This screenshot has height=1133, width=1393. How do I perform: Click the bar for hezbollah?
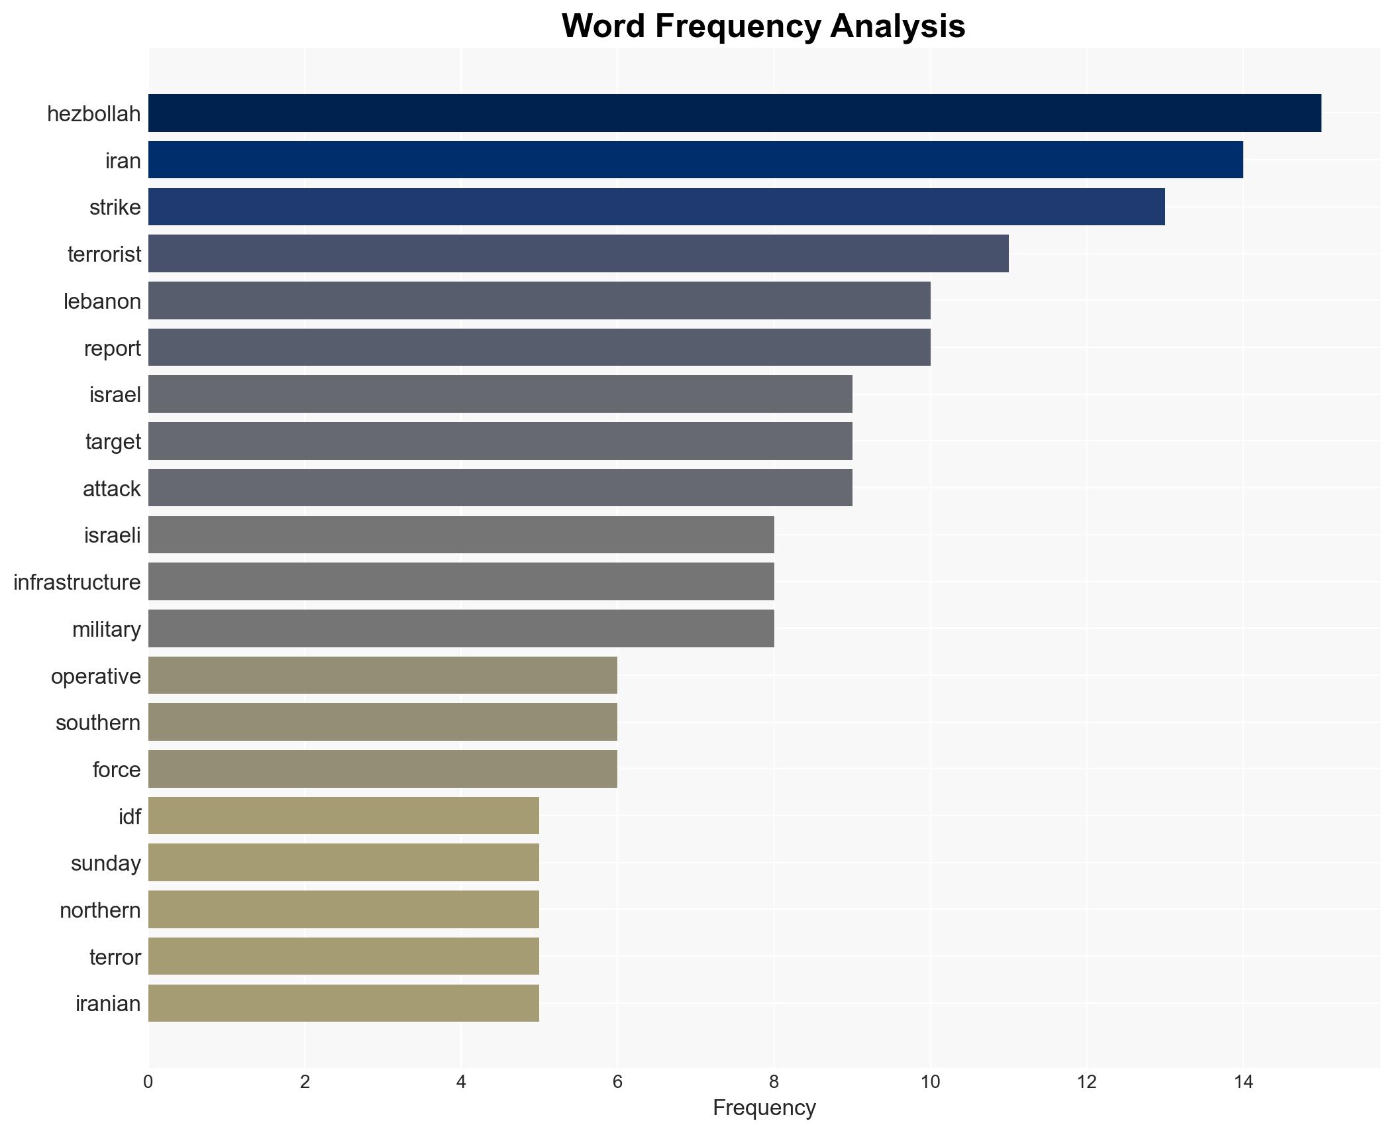click(734, 113)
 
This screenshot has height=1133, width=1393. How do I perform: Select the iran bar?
click(696, 160)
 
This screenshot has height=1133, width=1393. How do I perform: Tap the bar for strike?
click(656, 207)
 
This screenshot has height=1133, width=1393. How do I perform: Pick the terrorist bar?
click(578, 254)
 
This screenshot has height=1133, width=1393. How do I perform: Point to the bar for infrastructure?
click(461, 582)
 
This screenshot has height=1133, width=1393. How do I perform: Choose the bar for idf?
click(343, 816)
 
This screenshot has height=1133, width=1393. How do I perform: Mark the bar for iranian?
click(343, 1003)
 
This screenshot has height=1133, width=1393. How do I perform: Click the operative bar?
click(382, 676)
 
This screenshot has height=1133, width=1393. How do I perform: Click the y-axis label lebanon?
click(102, 301)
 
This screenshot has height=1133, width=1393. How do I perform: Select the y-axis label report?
click(112, 349)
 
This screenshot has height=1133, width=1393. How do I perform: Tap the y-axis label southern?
click(98, 723)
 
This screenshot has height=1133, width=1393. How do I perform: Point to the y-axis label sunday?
click(105, 863)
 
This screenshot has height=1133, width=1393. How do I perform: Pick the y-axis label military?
click(106, 629)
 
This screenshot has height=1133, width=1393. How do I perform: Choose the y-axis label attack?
click(111, 489)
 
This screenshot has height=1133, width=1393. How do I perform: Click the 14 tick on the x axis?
click(1243, 1083)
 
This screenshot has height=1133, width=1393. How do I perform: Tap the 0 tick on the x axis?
click(148, 1083)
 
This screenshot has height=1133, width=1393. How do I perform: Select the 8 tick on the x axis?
click(774, 1083)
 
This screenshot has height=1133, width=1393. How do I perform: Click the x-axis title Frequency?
click(764, 1108)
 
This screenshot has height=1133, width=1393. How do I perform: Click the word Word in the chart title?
click(603, 27)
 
